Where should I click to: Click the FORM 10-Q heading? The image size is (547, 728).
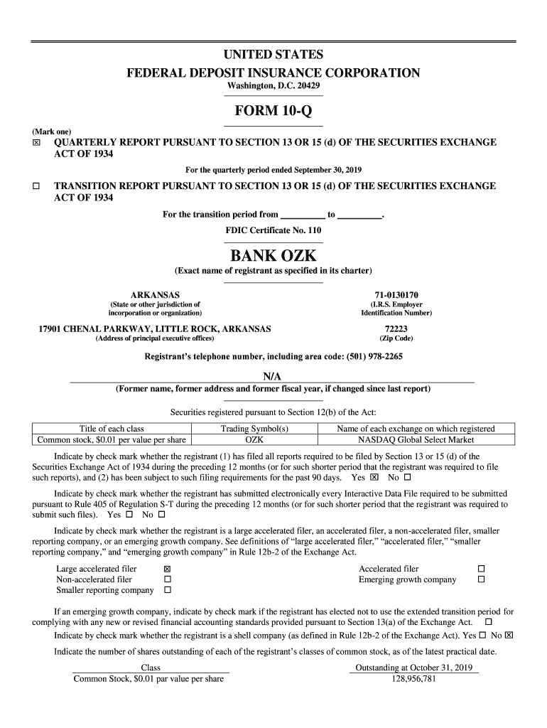point(273,112)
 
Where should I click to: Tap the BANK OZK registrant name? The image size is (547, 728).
point(273,255)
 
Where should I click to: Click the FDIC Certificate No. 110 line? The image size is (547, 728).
point(273,230)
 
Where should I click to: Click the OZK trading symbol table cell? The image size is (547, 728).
point(254,440)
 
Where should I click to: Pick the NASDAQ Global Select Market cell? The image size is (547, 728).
point(416,440)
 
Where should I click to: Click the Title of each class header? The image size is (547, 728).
point(112,429)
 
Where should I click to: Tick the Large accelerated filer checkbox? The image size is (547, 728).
point(168,569)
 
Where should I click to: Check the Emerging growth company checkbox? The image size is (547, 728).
point(481,580)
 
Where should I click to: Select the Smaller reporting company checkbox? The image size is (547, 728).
point(168,591)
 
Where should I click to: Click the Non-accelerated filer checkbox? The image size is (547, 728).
point(168,580)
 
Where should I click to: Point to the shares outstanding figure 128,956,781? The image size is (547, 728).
point(414,679)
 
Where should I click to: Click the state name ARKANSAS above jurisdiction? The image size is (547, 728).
point(155,294)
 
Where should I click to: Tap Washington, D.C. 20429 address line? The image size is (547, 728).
point(273,86)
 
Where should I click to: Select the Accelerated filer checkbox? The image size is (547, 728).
point(481,569)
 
